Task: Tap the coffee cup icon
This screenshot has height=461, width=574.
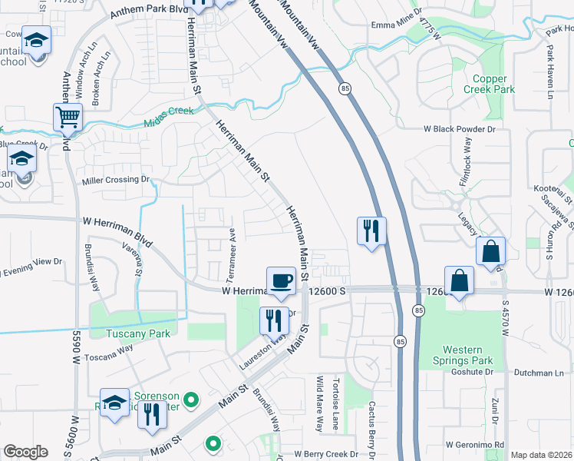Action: tap(281, 280)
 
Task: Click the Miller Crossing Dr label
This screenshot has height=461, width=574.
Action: tap(115, 179)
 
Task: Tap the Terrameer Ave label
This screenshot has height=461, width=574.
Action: tap(232, 242)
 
